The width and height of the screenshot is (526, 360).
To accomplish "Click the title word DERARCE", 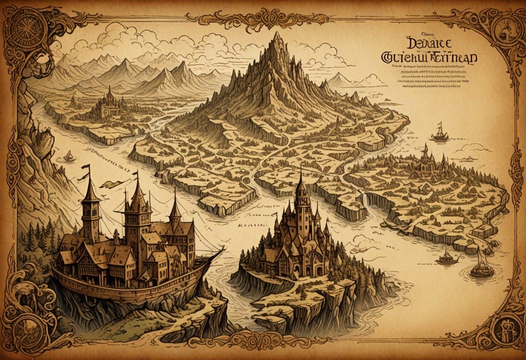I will pyautogui.click(x=429, y=44).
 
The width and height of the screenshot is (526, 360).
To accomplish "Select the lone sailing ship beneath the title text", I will pyautogui.click(x=439, y=133).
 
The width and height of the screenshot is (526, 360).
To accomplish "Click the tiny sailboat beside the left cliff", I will pyautogui.click(x=68, y=156).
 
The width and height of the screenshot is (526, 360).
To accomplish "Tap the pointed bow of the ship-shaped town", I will pyautogui.click(x=221, y=250).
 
